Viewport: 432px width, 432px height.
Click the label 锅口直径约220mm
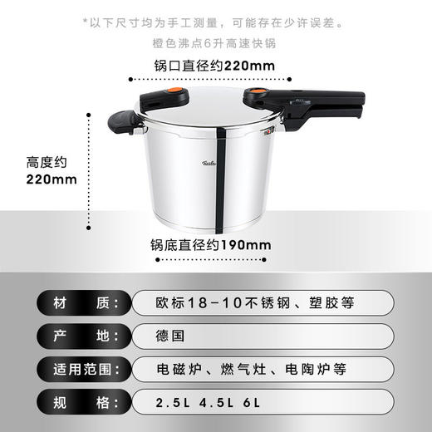(x=214, y=66)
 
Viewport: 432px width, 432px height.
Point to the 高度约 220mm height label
(x=40, y=170)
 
